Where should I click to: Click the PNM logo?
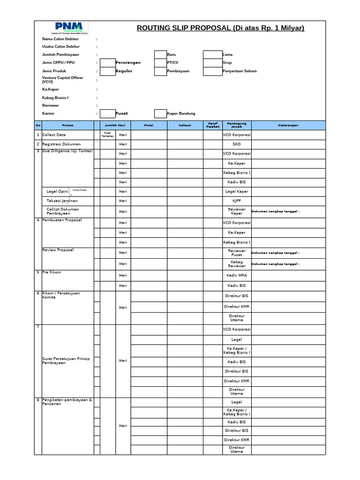click(68, 28)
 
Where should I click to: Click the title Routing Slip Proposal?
click(220, 28)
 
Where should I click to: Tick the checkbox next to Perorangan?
click(108, 63)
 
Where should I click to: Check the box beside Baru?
click(160, 54)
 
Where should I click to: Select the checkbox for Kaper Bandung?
click(160, 113)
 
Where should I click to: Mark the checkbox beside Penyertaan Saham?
click(212, 71)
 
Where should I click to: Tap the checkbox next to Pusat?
click(108, 113)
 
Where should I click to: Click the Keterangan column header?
click(288, 126)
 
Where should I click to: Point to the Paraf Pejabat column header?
click(212, 126)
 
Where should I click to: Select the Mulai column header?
click(148, 126)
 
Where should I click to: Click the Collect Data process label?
click(54, 135)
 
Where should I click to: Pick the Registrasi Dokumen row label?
click(61, 144)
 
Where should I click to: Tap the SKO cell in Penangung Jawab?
click(236, 144)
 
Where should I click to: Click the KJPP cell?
click(236, 201)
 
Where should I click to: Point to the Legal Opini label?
click(58, 192)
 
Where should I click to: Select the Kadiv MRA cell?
click(236, 276)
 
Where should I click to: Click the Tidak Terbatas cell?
click(107, 135)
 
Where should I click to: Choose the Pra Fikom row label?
click(52, 272)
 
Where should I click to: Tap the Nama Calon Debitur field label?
click(60, 39)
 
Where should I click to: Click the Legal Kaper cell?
click(236, 192)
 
